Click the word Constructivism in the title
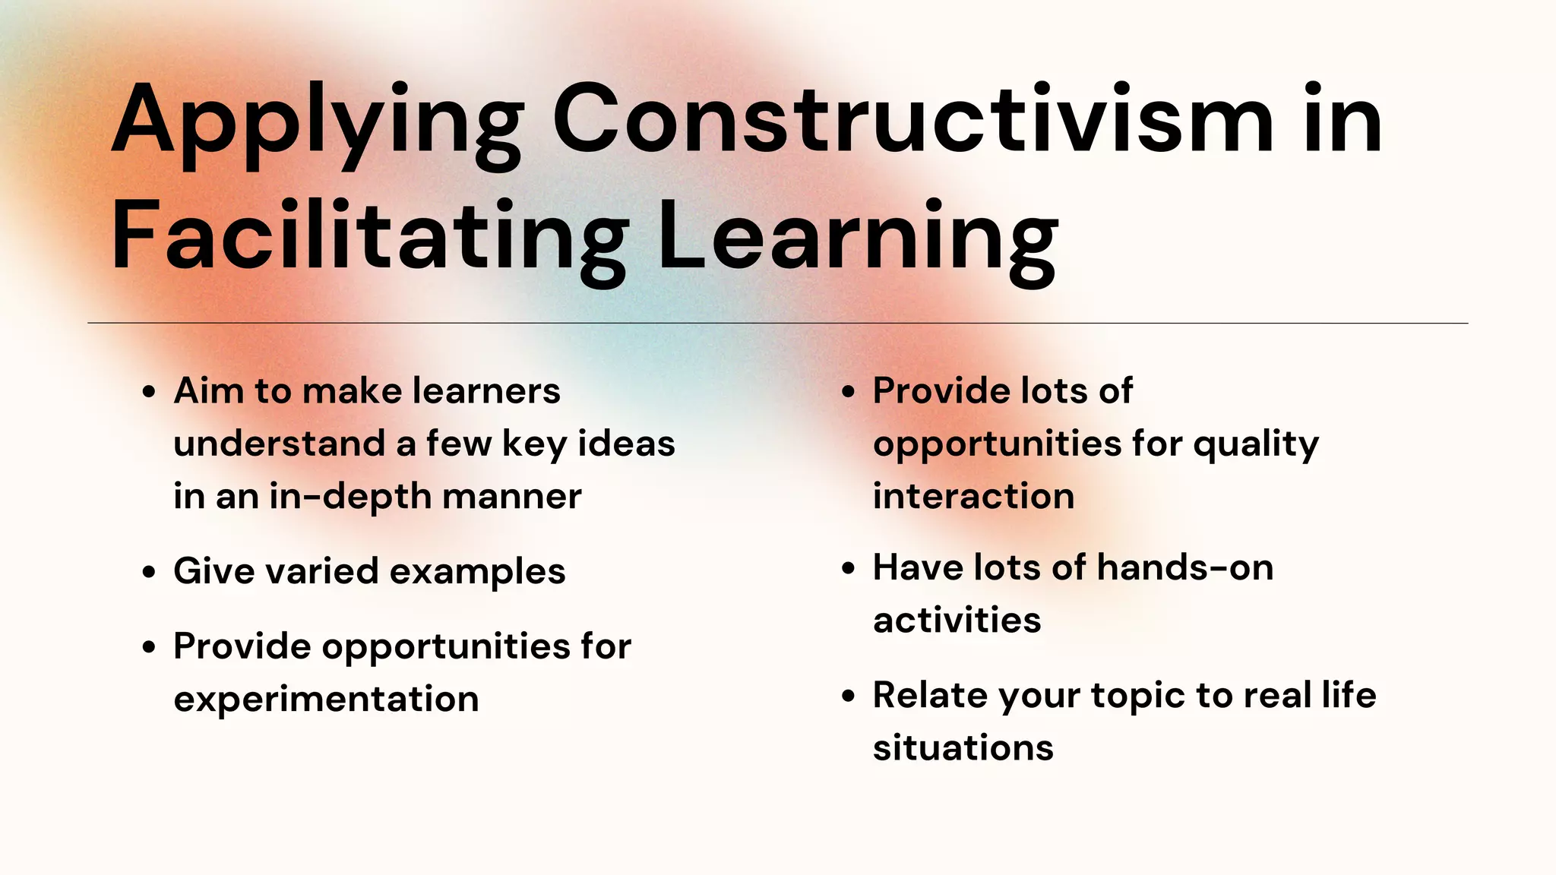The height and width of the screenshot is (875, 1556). (912, 120)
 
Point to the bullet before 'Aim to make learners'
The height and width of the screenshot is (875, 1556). (149, 393)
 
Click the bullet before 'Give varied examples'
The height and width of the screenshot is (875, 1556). (149, 572)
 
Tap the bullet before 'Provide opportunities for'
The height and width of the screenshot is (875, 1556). (149, 647)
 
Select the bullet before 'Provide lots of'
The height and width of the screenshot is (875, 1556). (849, 393)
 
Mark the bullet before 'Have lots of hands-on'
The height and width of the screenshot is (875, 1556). (849, 569)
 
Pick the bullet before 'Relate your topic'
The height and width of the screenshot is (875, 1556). (849, 696)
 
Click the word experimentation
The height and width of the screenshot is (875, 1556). (326, 700)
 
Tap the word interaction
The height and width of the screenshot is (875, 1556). (973, 497)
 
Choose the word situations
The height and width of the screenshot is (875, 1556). (963, 748)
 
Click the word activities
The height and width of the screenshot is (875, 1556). (957, 621)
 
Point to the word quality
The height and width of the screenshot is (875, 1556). (1255, 445)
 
